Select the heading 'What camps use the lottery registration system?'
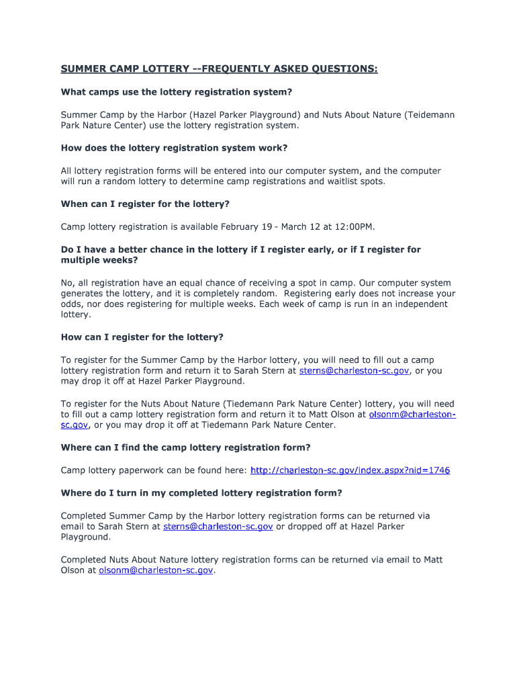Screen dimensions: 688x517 coord(177,91)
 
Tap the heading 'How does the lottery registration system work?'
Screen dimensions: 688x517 coord(174,148)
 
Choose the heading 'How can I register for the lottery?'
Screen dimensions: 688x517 coord(142,337)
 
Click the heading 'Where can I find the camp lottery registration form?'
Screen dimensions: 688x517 coord(185,447)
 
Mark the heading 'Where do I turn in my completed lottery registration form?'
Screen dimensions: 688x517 coord(201,492)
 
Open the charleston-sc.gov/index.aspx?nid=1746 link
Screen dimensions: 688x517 coord(350,470)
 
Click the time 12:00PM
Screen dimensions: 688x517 coord(352,226)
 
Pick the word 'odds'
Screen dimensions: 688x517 coord(71,304)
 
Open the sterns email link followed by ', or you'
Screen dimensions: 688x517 coord(354,370)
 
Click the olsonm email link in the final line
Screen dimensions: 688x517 coord(156,570)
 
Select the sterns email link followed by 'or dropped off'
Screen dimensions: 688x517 coord(218,526)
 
